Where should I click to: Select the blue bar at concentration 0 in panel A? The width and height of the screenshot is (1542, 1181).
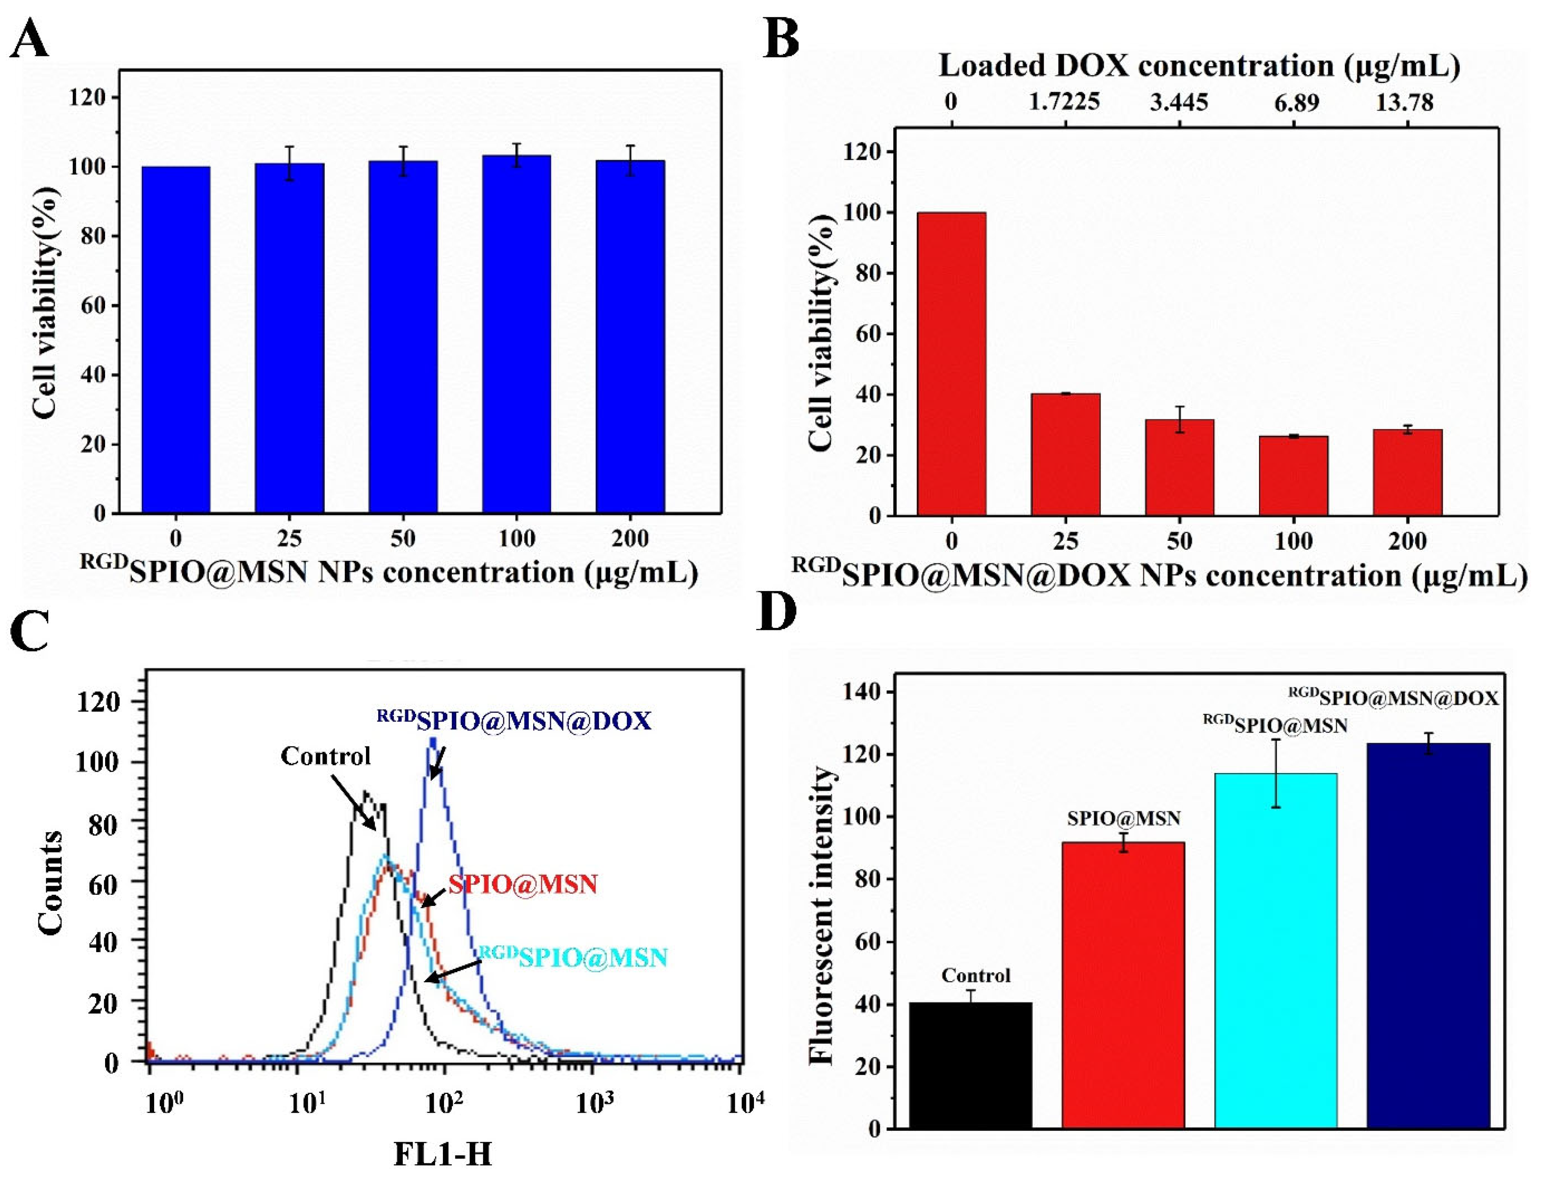pyautogui.click(x=176, y=340)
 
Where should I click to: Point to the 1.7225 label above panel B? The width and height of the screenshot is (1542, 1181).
pyautogui.click(x=1064, y=103)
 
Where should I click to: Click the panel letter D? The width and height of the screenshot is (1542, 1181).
pyautogui.click(x=777, y=612)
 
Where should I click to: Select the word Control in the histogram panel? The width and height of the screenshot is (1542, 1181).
pyautogui.click(x=325, y=756)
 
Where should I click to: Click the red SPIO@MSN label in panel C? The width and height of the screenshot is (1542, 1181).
pyautogui.click(x=523, y=884)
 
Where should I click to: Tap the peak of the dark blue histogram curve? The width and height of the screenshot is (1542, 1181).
pyautogui.click(x=433, y=739)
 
